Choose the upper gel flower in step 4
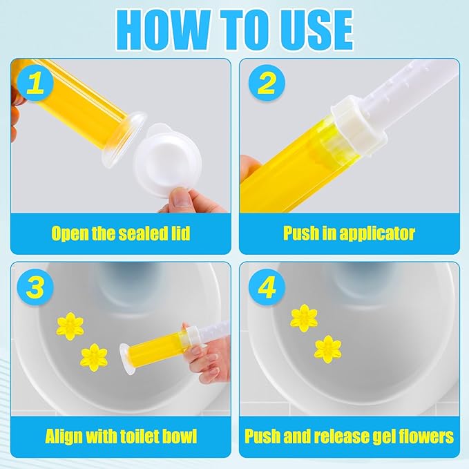[304, 317]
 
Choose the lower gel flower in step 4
[328, 347]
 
